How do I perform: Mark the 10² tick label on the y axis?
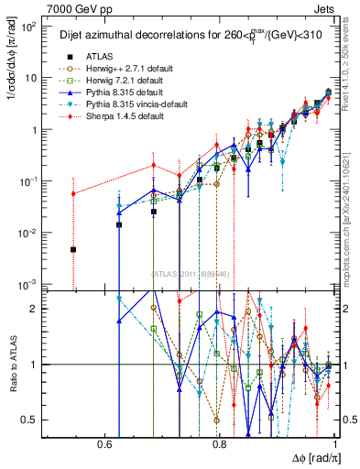[x=29, y=27]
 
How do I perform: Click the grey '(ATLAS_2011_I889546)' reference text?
[x=189, y=273]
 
